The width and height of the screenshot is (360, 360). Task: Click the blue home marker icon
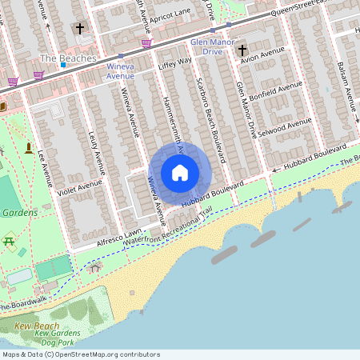click(x=180, y=173)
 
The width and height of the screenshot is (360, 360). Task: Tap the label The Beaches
click(x=67, y=58)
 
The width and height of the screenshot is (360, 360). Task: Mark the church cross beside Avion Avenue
click(x=242, y=51)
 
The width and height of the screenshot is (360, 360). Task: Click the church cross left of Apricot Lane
click(x=79, y=29)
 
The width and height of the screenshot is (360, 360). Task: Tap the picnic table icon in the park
click(x=10, y=241)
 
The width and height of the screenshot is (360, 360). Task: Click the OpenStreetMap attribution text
click(x=80, y=354)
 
